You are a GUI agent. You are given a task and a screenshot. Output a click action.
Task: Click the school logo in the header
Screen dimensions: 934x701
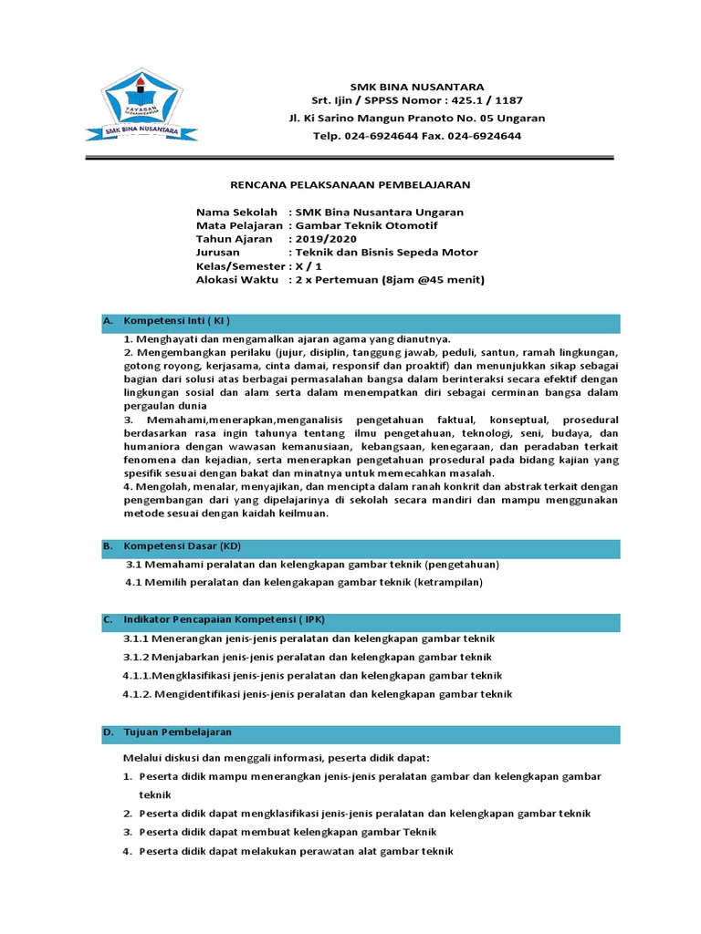click(141, 107)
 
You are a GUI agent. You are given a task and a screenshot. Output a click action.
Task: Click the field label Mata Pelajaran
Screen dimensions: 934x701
click(239, 225)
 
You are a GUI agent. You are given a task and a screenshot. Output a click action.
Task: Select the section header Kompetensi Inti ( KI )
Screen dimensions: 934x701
click(177, 321)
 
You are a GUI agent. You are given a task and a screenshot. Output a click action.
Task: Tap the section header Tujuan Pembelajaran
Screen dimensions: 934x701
click(178, 732)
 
